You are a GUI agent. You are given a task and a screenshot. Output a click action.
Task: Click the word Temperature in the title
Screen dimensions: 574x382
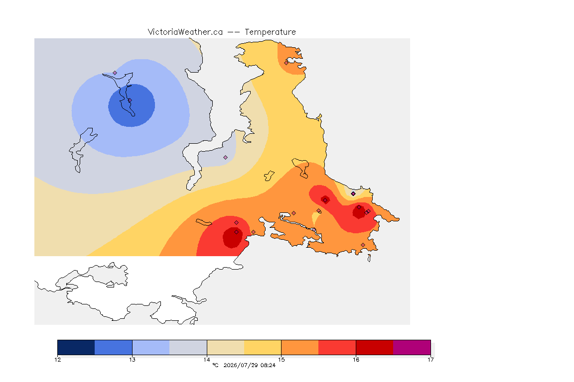click(270, 32)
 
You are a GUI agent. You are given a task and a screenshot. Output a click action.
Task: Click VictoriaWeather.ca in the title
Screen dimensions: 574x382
click(185, 32)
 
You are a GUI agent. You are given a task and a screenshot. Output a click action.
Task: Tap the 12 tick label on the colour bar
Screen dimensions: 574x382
click(57, 360)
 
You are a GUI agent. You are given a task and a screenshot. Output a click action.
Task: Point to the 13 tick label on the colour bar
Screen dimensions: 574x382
click(132, 360)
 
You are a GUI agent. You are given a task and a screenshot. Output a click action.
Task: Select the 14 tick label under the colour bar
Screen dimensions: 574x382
click(207, 360)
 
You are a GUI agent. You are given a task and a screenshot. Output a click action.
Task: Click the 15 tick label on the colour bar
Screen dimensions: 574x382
click(281, 360)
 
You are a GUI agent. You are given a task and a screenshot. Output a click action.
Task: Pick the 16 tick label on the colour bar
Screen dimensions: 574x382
click(356, 360)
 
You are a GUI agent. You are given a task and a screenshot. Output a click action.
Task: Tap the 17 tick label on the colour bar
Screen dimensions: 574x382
click(430, 360)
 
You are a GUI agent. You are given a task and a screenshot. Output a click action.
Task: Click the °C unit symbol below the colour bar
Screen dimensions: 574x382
click(215, 365)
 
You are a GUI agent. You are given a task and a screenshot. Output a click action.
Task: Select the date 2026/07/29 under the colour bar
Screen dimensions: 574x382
click(240, 365)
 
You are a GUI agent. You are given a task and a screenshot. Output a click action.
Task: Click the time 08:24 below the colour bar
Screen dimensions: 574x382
click(268, 365)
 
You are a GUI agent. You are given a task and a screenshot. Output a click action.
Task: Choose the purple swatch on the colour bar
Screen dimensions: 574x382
click(412, 347)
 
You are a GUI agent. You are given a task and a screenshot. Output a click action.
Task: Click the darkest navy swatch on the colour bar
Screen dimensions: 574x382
click(76, 347)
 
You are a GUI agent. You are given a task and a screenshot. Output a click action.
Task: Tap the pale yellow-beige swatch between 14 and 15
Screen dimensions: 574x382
click(226, 347)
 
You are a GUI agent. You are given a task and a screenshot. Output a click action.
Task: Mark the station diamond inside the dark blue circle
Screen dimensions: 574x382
click(130, 100)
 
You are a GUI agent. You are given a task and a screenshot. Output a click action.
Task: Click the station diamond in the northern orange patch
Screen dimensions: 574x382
click(286, 63)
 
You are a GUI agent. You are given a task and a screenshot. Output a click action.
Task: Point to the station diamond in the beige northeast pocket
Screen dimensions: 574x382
click(353, 194)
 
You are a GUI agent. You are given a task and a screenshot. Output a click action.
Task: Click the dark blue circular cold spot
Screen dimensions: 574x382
click(132, 105)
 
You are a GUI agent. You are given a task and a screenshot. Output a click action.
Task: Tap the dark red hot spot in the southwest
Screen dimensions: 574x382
click(233, 238)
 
